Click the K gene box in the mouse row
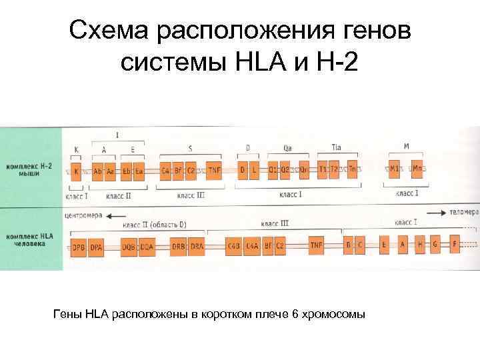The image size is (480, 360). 76,171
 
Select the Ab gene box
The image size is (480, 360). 98,171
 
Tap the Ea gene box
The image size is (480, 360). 139,171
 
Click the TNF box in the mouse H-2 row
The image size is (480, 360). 214,171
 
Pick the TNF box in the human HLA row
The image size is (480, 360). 316,245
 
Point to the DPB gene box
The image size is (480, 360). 78,246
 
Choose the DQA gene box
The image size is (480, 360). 147,246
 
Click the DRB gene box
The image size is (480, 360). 179,246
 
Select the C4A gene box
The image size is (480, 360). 252,246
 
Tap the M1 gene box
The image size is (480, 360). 395,169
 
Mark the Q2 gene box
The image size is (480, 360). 285,171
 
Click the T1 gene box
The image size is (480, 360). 323,170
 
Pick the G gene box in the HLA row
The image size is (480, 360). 435,245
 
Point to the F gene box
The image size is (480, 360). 456,245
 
